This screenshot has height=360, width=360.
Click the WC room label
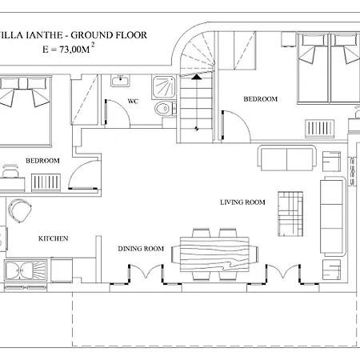(x=133, y=101)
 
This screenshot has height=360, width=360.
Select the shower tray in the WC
(x=164, y=86)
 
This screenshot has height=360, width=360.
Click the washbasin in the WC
(x=120, y=81)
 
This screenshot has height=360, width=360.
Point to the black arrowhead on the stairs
(x=197, y=77)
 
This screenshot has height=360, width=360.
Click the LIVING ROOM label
(x=242, y=202)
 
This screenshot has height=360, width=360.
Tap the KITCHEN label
(x=53, y=238)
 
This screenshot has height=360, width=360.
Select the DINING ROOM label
(x=141, y=249)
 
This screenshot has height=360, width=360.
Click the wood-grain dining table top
(x=214, y=254)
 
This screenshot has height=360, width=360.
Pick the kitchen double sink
(x=26, y=270)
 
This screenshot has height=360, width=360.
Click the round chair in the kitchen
(x=19, y=210)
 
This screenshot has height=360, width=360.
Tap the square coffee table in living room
(x=290, y=214)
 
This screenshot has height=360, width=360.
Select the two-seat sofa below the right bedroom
(x=286, y=158)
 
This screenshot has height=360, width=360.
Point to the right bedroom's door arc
(x=241, y=120)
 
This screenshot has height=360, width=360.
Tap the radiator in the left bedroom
(x=46, y=182)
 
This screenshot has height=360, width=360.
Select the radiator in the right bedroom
(x=319, y=129)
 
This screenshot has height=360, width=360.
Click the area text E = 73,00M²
(x=69, y=49)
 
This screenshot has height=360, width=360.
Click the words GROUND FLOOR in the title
(x=109, y=35)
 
